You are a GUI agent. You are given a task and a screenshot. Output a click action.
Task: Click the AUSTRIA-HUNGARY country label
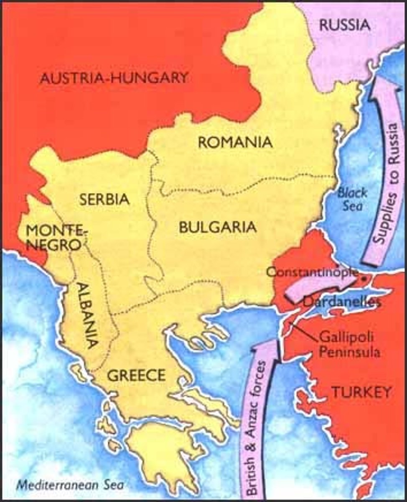(x=113, y=78)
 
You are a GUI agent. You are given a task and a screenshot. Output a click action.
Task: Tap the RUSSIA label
(x=345, y=25)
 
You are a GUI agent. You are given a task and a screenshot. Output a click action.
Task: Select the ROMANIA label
(x=235, y=142)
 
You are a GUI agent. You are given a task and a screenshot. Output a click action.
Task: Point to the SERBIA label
(x=104, y=199)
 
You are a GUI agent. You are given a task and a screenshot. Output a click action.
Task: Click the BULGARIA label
(x=217, y=227)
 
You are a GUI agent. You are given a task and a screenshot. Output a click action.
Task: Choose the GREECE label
(x=136, y=375)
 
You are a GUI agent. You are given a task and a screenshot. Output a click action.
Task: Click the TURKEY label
(x=361, y=392)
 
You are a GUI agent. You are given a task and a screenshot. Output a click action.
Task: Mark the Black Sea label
(x=352, y=199)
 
